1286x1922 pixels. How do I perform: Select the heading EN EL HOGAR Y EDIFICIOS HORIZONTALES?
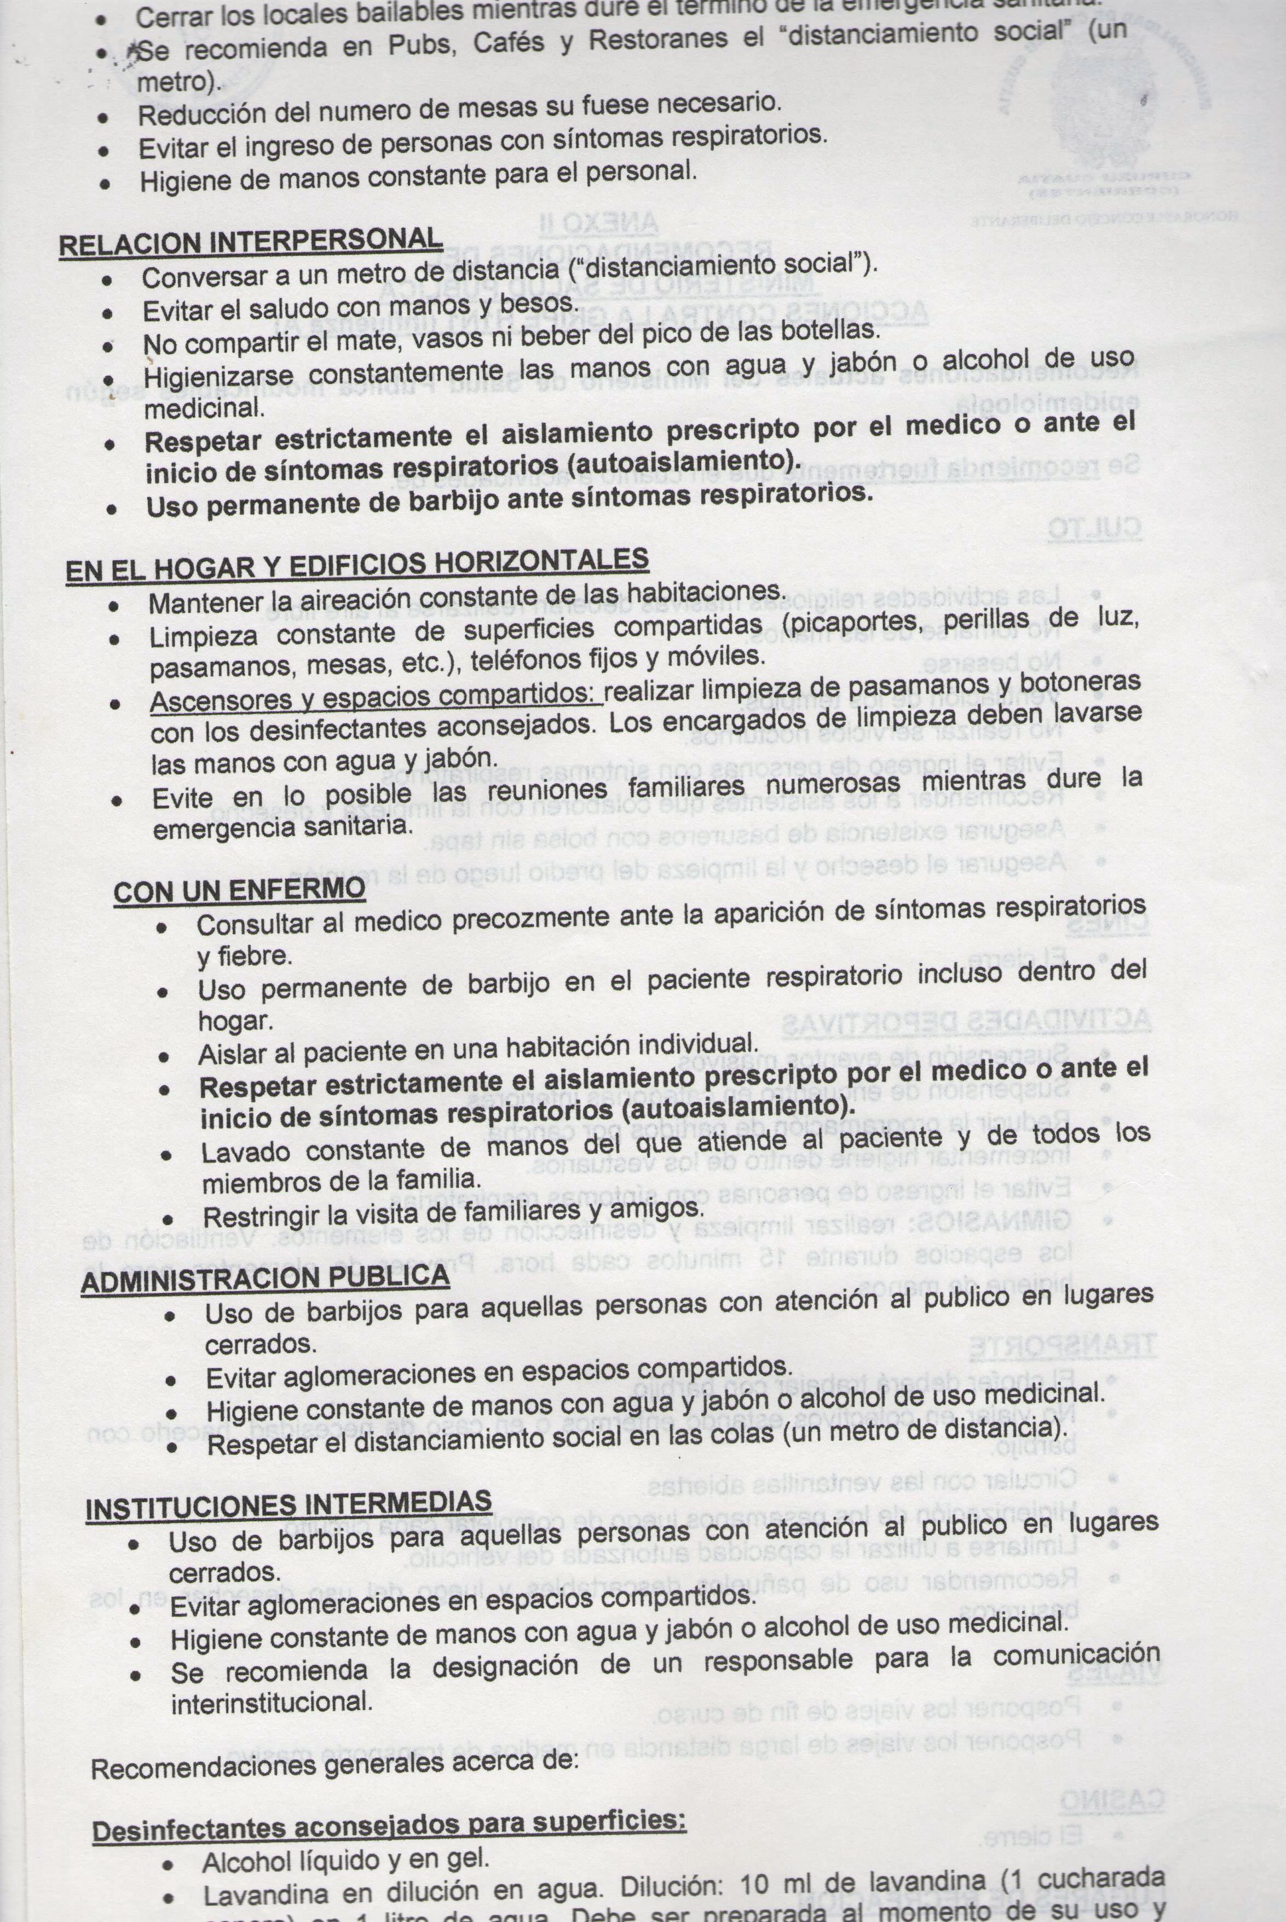(357, 565)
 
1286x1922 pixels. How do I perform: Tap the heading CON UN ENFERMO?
(239, 890)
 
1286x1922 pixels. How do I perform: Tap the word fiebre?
(244, 956)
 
